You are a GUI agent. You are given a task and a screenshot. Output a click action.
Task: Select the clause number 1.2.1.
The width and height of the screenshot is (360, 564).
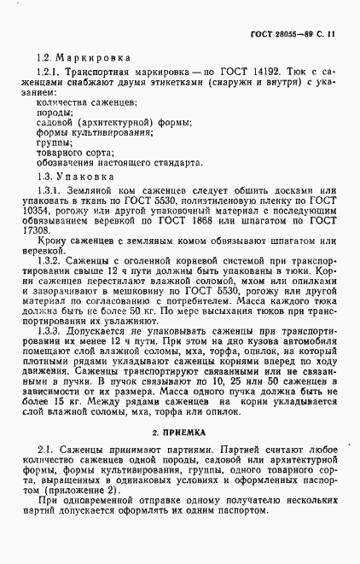click(x=53, y=76)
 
